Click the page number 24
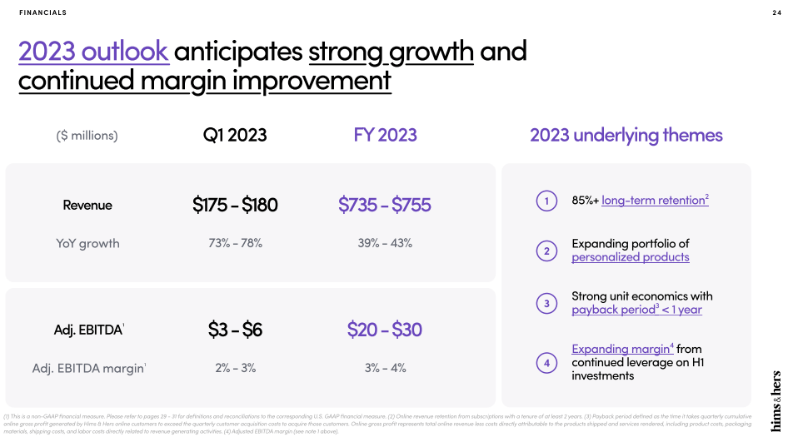(x=776, y=12)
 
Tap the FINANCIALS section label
(x=42, y=12)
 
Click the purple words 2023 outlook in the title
(x=93, y=51)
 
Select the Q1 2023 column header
(x=235, y=135)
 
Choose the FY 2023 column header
(x=385, y=135)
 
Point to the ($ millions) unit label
(x=87, y=135)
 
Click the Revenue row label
(x=87, y=205)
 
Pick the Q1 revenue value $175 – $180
(x=235, y=205)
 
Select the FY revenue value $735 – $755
(x=385, y=205)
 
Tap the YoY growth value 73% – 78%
(x=235, y=243)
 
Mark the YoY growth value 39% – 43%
(x=385, y=243)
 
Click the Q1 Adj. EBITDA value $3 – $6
(x=235, y=330)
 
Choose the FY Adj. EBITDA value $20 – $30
(x=385, y=330)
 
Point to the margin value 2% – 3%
(x=235, y=367)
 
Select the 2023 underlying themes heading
(x=626, y=135)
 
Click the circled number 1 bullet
(x=546, y=201)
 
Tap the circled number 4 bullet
(x=546, y=363)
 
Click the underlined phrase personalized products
(x=631, y=257)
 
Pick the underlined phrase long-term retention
(x=653, y=201)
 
